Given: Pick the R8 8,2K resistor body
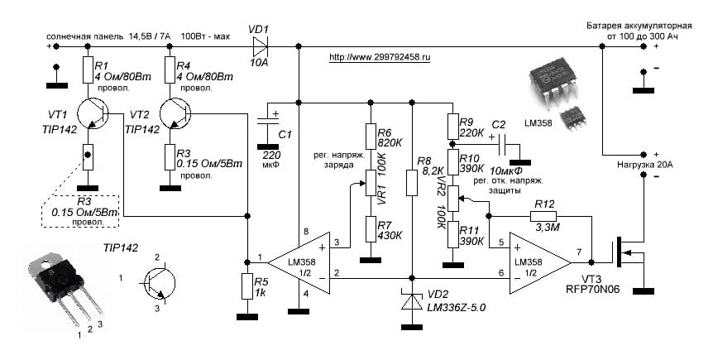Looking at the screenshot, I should coord(411,181).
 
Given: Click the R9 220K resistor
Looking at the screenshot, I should coord(451,127).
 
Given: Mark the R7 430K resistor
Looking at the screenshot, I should coord(369,230).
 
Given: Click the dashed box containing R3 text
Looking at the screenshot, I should coord(81,212).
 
